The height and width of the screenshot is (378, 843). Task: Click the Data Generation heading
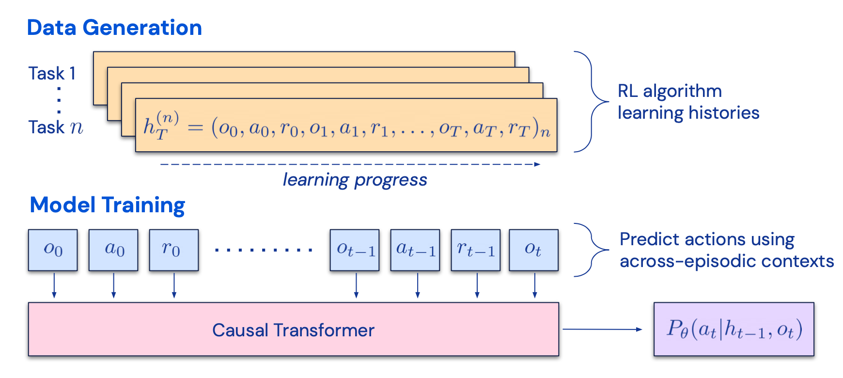point(114,28)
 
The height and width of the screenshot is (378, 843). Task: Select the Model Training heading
point(107,205)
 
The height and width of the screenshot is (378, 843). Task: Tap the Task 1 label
point(52,73)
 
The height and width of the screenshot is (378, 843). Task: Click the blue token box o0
point(53,250)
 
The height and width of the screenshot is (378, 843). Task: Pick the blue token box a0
point(113,250)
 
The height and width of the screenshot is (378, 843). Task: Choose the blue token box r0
point(174,250)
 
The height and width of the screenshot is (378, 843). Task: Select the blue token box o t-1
point(355,250)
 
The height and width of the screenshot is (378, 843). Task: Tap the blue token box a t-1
point(415,250)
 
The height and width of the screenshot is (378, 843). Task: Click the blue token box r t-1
point(476,250)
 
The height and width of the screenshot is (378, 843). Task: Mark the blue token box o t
point(533,250)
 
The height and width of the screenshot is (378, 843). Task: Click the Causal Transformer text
point(293,330)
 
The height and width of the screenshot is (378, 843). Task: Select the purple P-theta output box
point(734,330)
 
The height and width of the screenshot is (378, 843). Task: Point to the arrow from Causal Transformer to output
point(602,330)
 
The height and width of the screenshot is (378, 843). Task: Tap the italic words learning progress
point(355,180)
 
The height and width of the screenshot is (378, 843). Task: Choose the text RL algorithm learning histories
point(688,102)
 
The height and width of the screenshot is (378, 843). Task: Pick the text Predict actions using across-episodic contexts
point(726,250)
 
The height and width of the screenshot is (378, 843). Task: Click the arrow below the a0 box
point(113,286)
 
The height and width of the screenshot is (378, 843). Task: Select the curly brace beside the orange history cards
point(591,102)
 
